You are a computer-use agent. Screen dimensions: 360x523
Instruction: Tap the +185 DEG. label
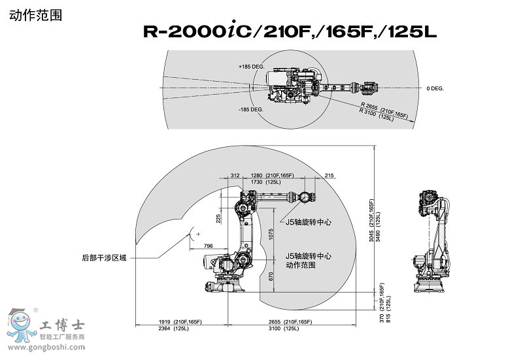click(x=250, y=67)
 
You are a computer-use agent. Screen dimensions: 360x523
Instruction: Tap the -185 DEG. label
click(x=250, y=109)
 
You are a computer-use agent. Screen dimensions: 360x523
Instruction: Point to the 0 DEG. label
click(x=435, y=88)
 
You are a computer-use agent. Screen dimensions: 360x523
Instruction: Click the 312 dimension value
click(x=235, y=176)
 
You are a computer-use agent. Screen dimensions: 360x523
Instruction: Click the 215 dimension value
click(x=329, y=176)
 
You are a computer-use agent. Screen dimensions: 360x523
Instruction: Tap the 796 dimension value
click(x=209, y=246)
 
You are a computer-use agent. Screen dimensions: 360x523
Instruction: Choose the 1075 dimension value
click(x=271, y=238)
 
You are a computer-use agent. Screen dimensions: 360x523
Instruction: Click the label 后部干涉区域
click(x=103, y=257)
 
